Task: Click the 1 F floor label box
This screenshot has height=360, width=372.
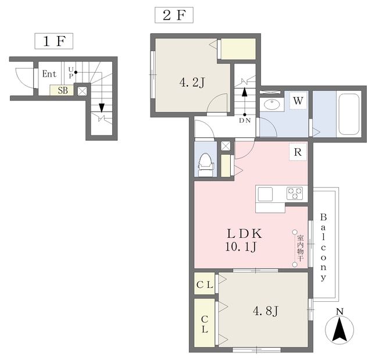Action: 54,41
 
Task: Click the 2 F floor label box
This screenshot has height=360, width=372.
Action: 174,15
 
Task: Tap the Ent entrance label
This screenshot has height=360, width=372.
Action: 49,74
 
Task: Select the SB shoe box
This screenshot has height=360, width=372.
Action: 62,90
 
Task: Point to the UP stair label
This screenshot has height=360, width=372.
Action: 71,73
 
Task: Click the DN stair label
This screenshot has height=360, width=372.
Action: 245,120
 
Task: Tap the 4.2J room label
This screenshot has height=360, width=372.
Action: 192,83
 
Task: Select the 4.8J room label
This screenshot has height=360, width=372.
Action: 265,311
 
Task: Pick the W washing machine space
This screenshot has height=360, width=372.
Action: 298,101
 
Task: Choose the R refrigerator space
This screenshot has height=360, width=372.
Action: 298,152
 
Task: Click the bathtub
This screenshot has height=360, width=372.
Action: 349,114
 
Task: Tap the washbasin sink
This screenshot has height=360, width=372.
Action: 271,105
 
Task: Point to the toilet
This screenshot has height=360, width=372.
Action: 205,165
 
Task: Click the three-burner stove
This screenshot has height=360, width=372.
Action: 295,193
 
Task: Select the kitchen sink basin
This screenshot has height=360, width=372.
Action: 265,194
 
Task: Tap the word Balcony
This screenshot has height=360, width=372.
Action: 323,247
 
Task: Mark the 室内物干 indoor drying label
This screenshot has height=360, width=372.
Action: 300,248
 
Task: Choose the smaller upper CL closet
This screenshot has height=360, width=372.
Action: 205,284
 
